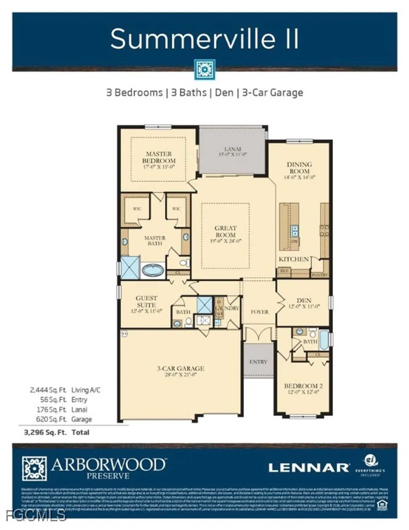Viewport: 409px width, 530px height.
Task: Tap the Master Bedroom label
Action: (159, 157)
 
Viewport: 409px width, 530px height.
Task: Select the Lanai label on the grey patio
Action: (232, 149)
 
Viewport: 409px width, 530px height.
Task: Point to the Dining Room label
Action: (299, 167)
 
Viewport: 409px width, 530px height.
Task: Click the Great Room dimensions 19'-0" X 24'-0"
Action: (225, 241)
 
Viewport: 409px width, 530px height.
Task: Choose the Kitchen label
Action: (294, 259)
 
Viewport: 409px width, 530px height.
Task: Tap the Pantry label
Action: (320, 275)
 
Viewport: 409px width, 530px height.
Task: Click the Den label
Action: (303, 300)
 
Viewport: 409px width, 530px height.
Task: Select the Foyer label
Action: (260, 312)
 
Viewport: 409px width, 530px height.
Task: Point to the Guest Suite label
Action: (146, 301)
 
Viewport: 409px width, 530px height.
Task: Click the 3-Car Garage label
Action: (180, 368)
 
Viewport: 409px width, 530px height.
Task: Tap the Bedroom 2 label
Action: (303, 386)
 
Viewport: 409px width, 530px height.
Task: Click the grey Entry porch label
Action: (258, 362)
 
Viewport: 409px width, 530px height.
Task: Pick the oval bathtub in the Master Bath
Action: (153, 271)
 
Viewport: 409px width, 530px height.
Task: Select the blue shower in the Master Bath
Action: (131, 268)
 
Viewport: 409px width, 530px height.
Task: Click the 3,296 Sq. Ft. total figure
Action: (45, 432)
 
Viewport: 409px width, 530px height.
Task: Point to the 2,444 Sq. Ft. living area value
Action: (48, 390)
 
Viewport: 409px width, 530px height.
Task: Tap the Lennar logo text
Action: (309, 468)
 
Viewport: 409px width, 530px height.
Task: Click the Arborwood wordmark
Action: (108, 465)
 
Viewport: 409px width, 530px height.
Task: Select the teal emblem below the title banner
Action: (204, 70)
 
